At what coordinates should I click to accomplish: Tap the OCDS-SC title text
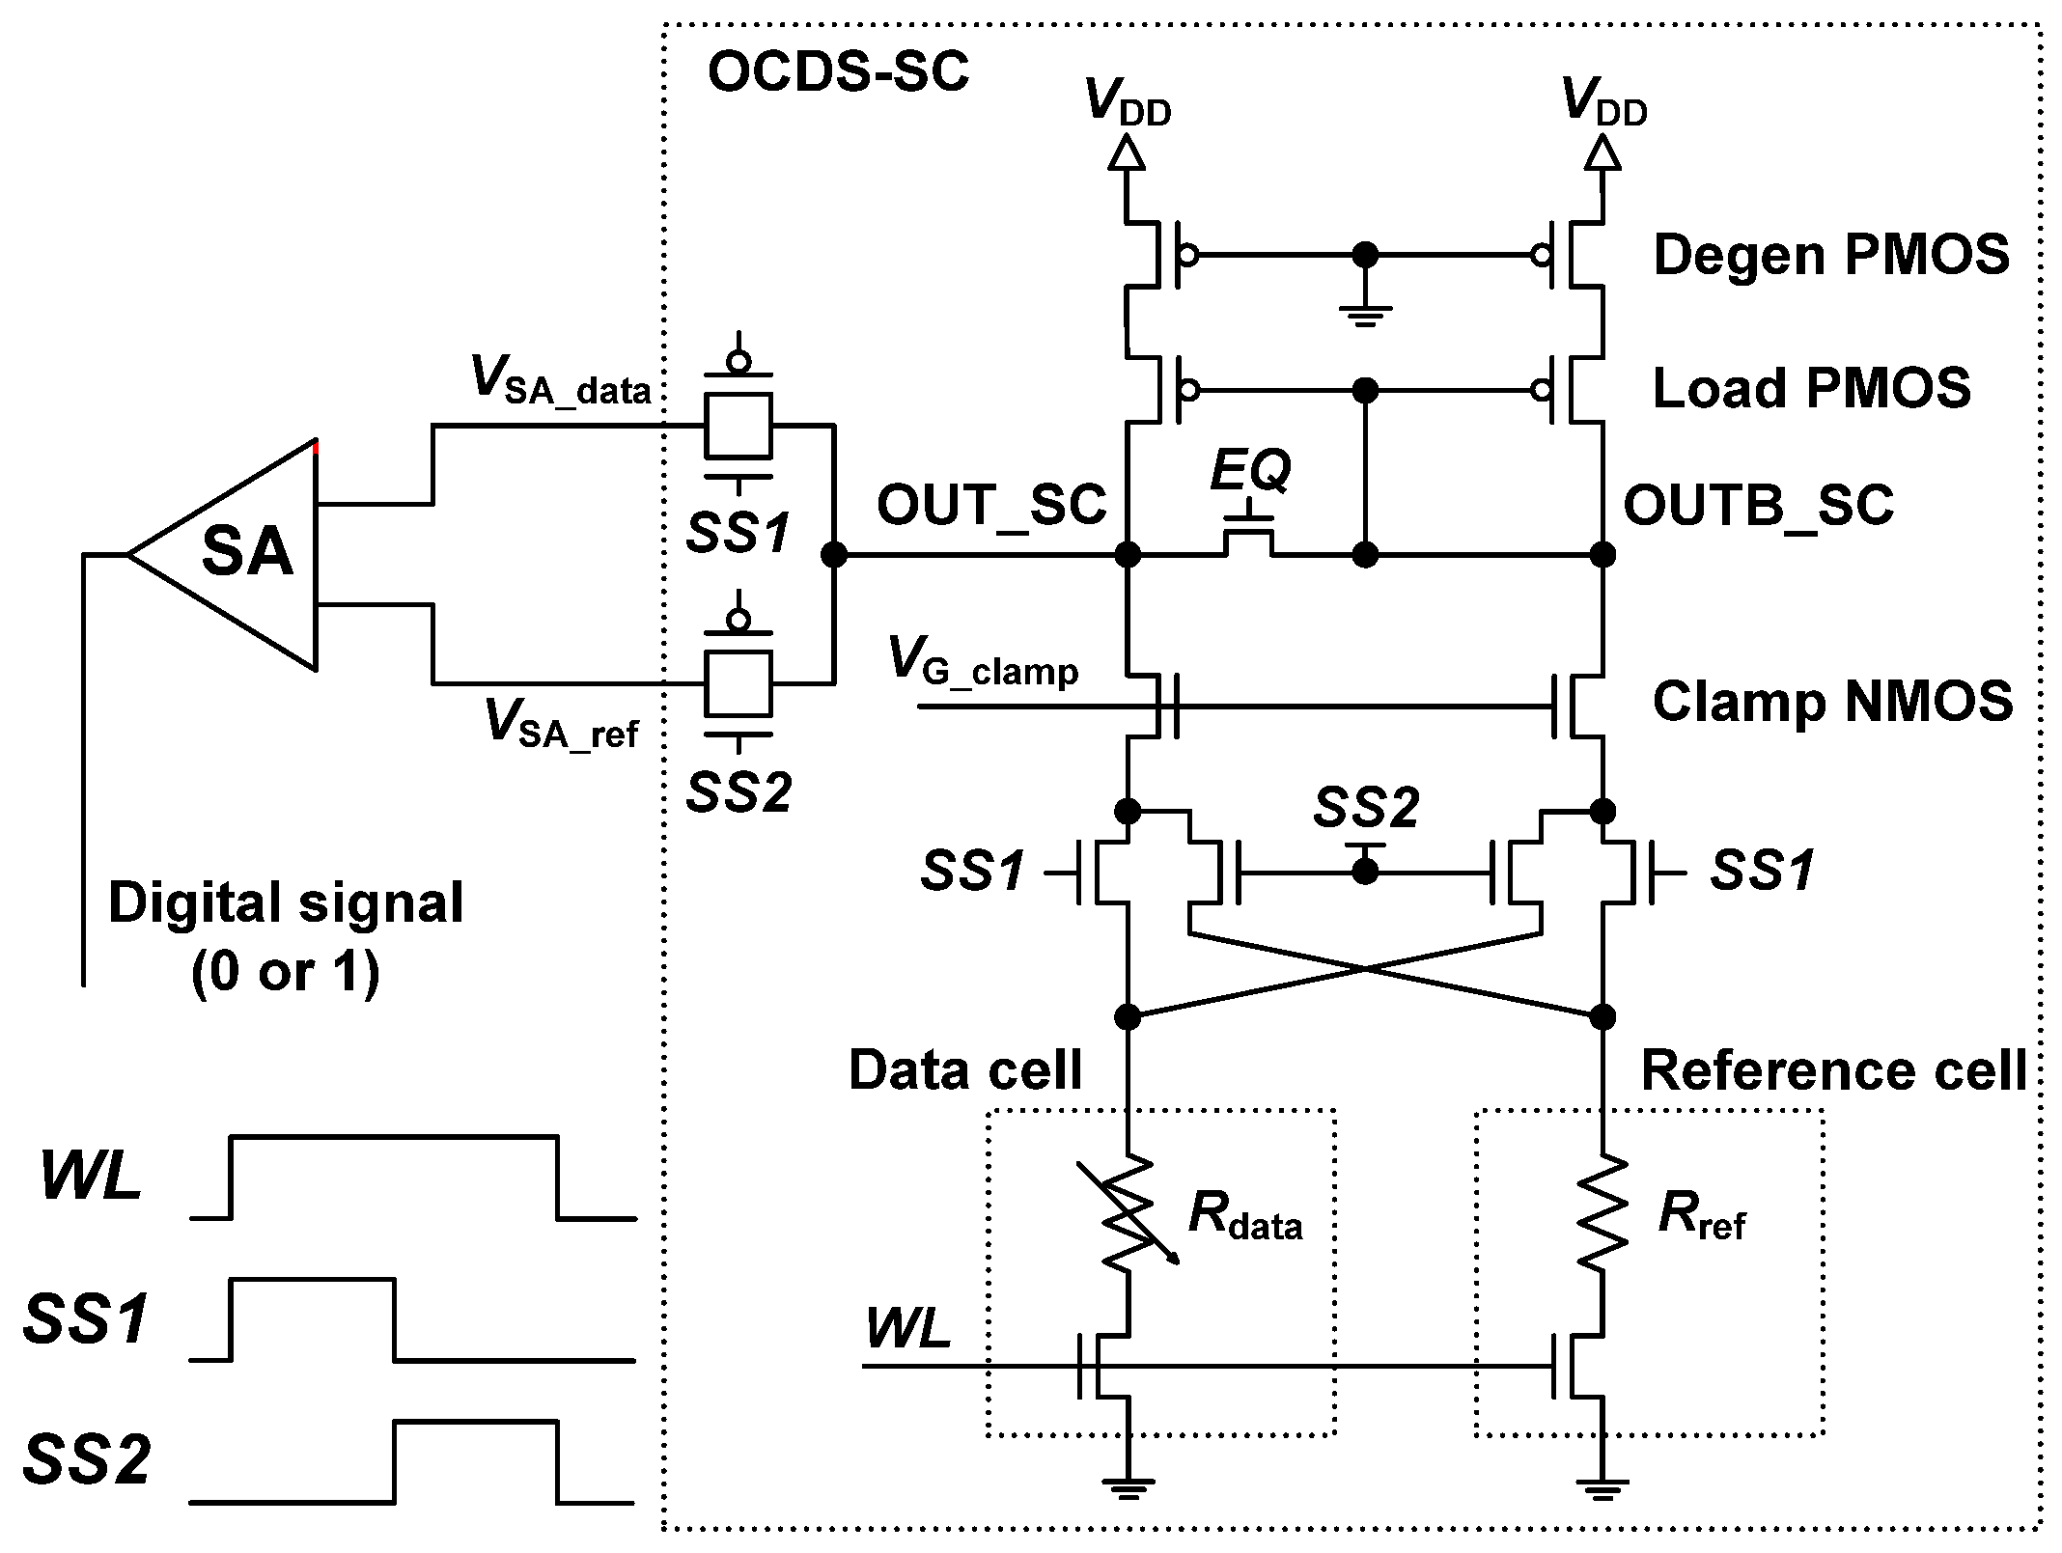pos(837,72)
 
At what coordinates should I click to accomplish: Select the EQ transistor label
pos(1251,471)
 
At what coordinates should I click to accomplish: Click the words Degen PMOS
pos(1831,256)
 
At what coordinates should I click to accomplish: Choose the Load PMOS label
pos(1811,388)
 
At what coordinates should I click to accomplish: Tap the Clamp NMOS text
pos(1832,701)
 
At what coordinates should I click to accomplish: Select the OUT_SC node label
pos(990,505)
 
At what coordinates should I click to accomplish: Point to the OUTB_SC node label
pos(1758,505)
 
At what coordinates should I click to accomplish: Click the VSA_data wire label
pos(560,381)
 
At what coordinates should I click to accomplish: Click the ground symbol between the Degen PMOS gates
pos(1364,314)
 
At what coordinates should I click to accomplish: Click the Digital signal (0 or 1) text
pos(286,936)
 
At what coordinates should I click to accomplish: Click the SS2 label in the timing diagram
pos(87,1460)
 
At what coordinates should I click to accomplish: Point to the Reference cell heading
pos(1832,1070)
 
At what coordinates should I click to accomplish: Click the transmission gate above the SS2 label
pos(738,682)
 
